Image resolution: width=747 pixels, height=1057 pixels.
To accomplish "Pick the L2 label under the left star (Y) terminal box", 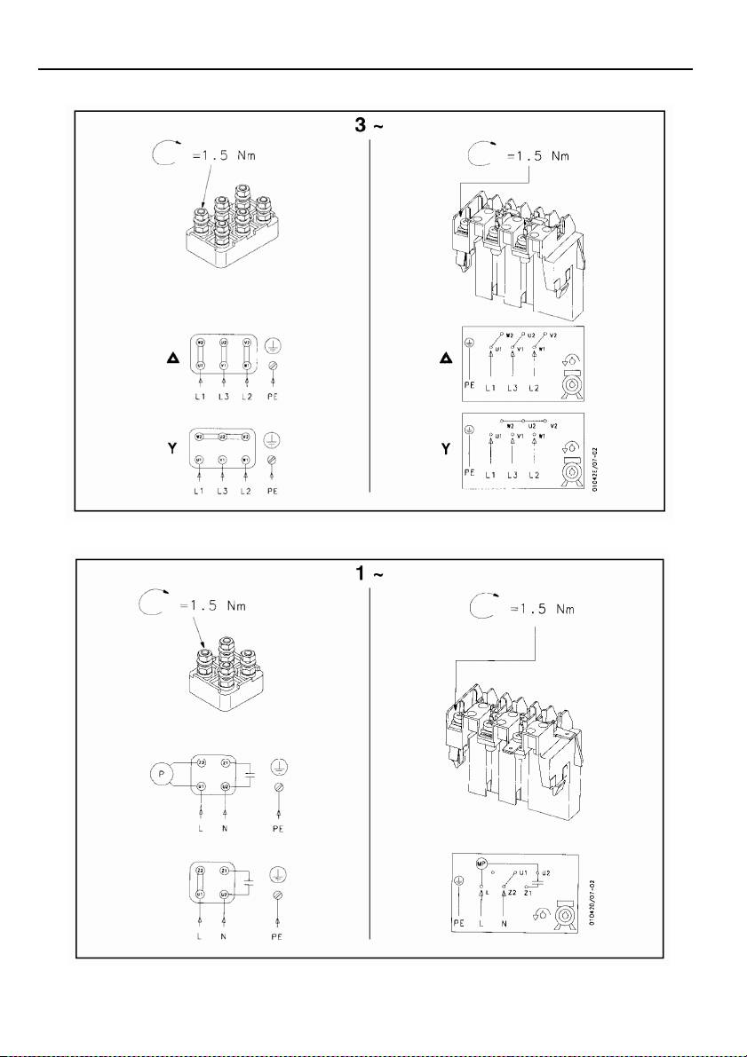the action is tap(248, 485).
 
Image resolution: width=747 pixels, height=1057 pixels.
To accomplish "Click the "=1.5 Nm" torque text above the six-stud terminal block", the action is tap(214, 157).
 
